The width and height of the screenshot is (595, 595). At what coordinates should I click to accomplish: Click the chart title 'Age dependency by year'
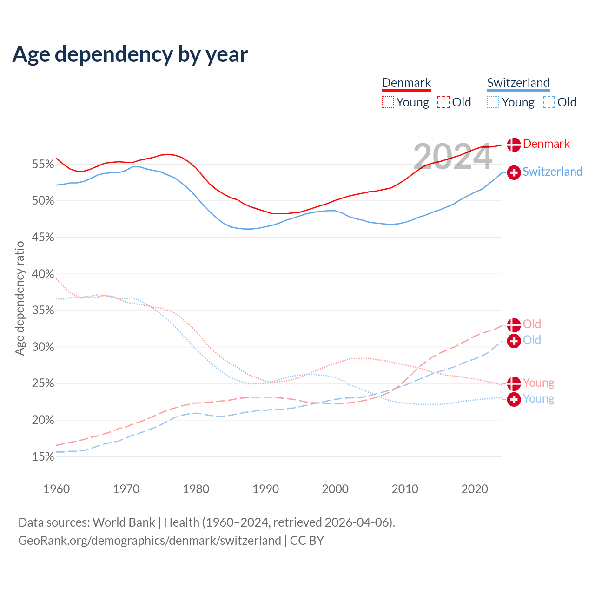[x=130, y=54]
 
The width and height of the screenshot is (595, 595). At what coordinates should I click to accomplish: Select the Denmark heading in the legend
[x=406, y=83]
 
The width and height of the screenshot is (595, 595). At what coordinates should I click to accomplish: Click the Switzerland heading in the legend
[x=518, y=83]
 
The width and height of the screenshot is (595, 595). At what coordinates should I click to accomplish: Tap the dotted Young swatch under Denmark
[x=388, y=102]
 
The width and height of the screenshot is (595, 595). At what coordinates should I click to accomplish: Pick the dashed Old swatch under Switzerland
[x=549, y=102]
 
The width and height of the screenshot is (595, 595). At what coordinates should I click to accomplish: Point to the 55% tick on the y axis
[x=43, y=164]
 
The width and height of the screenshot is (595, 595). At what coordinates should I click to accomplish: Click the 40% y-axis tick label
[x=43, y=274]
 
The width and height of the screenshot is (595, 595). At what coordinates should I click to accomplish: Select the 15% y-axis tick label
[x=43, y=456]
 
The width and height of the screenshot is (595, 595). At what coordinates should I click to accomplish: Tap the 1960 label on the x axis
[x=56, y=489]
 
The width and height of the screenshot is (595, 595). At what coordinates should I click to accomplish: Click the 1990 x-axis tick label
[x=265, y=489]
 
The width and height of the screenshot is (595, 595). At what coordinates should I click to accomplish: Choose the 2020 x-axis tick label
[x=474, y=489]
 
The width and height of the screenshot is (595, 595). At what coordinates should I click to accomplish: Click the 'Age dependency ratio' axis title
[x=20, y=298]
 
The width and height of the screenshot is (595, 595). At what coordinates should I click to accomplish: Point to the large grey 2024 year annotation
[x=452, y=157]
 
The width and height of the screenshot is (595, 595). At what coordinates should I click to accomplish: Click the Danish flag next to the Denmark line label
[x=514, y=145]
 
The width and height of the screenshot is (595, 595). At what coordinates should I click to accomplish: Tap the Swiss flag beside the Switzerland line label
[x=514, y=172]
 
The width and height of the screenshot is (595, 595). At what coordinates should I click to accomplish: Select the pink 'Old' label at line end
[x=532, y=324]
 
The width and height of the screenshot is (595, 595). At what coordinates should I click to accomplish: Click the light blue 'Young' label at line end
[x=538, y=398]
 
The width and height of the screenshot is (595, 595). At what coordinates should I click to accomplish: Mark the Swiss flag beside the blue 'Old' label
[x=514, y=341]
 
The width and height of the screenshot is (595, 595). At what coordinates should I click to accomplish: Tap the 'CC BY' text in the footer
[x=307, y=541]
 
